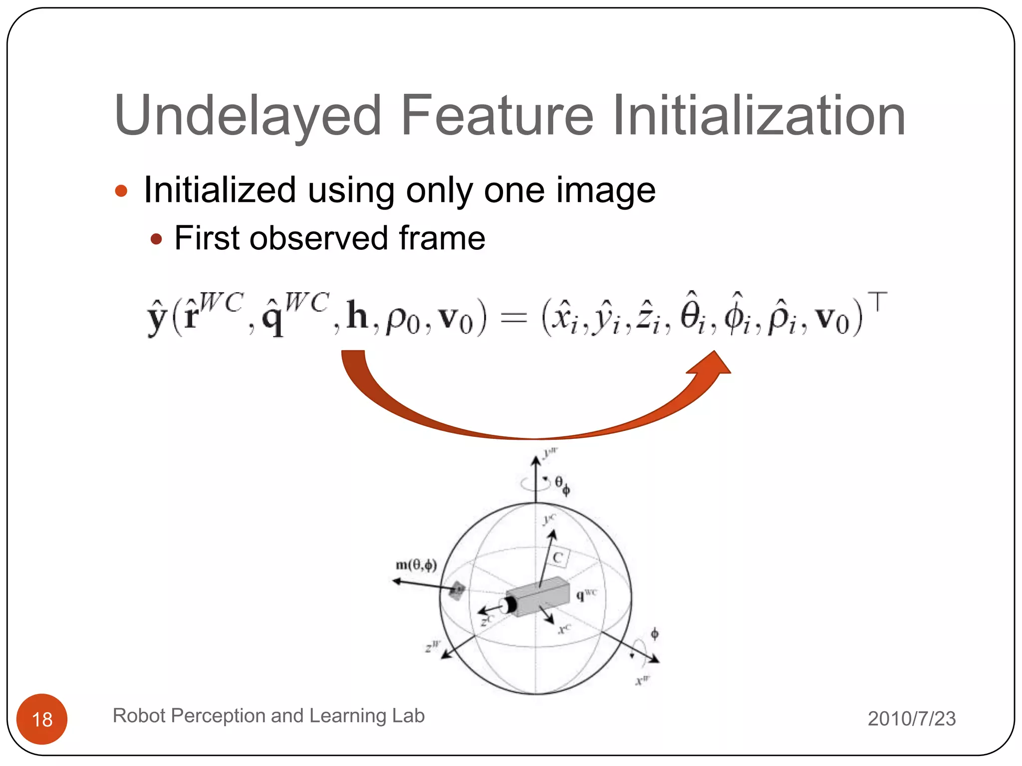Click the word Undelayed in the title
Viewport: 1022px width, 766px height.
coord(248,116)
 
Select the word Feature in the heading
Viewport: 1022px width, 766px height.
coord(497,116)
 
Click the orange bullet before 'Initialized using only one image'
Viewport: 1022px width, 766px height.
coord(121,191)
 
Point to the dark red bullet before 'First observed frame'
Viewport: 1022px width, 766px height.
coord(156,239)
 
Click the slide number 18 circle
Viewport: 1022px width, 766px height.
coord(42,719)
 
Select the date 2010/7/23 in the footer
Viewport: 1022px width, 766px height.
coord(912,719)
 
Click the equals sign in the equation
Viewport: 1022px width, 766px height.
coord(513,318)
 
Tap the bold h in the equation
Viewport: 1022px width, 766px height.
coord(357,315)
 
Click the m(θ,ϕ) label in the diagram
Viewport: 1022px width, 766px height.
coord(416,565)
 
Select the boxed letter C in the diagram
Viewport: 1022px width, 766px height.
coord(558,558)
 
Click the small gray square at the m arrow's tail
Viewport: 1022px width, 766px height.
coord(457,590)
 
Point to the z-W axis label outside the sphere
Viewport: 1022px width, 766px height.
coord(432,646)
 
